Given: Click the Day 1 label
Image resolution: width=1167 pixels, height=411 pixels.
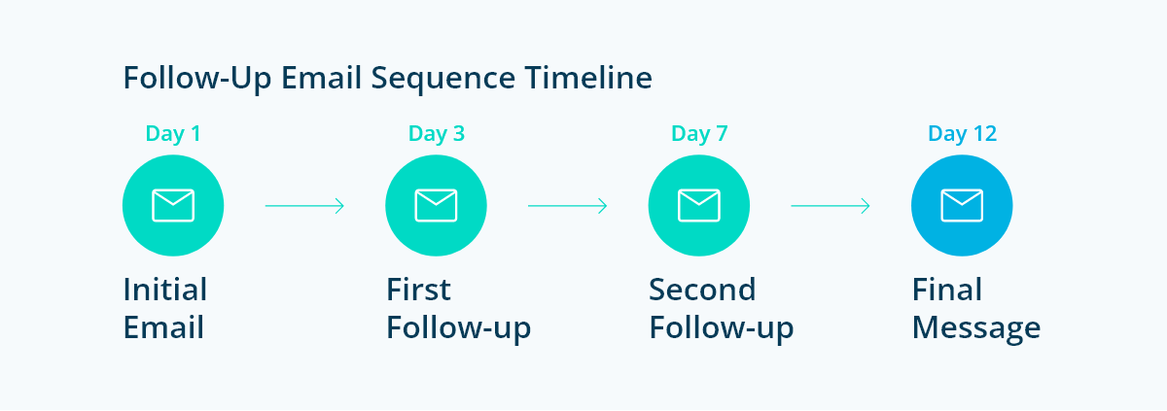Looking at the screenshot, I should click(x=173, y=133).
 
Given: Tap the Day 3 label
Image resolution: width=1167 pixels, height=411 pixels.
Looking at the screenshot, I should click(x=437, y=133).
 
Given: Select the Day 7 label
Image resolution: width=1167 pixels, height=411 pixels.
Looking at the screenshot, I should click(x=699, y=133).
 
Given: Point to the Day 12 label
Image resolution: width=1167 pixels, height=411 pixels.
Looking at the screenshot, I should click(x=963, y=133).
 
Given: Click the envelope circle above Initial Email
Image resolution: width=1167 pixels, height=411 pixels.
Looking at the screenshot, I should click(x=173, y=206).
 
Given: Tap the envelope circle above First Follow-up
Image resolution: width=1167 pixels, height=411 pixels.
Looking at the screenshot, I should click(x=437, y=206).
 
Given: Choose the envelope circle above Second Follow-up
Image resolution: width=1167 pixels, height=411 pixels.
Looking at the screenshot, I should click(x=699, y=206).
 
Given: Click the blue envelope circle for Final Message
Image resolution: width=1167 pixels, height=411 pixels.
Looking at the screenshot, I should click(x=962, y=206).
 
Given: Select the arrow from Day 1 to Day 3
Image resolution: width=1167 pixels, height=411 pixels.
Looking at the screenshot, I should click(x=304, y=206).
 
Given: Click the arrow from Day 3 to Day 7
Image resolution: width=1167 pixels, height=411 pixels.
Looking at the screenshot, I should click(x=568, y=206).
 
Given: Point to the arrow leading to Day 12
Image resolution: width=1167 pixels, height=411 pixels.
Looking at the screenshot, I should click(x=831, y=206).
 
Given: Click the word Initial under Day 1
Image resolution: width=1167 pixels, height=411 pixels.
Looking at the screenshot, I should click(x=165, y=290).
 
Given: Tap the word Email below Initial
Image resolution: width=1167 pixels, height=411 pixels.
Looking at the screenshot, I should click(x=163, y=327).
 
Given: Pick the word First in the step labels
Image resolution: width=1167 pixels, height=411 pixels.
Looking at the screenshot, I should click(x=419, y=290).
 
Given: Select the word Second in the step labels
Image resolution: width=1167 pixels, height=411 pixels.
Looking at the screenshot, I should click(x=702, y=290).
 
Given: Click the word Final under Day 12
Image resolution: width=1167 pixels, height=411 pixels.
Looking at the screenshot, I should click(x=947, y=290).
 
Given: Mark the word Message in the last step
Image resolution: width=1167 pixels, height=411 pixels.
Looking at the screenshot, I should click(x=976, y=327).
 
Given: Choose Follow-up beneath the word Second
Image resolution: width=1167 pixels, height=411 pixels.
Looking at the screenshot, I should click(x=722, y=328).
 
